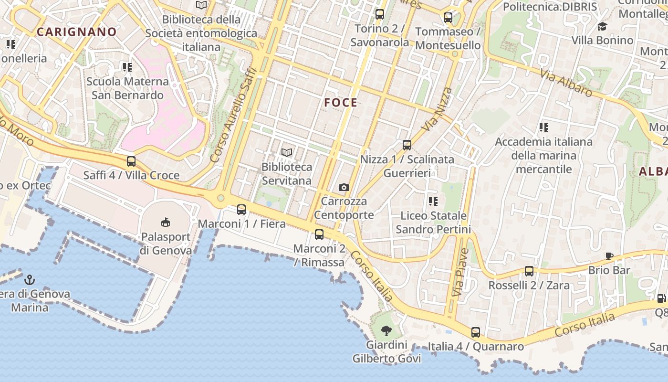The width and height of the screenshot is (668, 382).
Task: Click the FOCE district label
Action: [x=341, y=103]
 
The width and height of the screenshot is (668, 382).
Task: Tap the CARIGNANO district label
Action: [x=77, y=32]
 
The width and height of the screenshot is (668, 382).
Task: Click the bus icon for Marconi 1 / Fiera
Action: [x=241, y=209]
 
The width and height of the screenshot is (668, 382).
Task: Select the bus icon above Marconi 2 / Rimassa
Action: [x=319, y=234]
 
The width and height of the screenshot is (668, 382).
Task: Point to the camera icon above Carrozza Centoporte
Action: [x=344, y=187]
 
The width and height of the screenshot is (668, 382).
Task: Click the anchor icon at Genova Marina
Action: [x=30, y=279]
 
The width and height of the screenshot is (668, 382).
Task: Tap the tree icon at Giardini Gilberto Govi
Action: [x=386, y=330]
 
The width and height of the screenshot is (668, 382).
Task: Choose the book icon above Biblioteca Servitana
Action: [x=286, y=153]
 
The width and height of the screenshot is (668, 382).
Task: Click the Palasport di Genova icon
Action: [x=166, y=222]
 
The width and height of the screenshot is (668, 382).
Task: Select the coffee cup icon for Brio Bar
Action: [x=609, y=256]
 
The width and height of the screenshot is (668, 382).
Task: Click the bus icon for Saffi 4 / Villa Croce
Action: [x=131, y=161]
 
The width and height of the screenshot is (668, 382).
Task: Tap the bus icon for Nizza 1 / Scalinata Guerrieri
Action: [x=407, y=145]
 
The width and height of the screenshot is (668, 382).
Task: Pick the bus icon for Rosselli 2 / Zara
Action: [x=529, y=271]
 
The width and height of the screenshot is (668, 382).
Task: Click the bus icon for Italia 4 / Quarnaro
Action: [x=476, y=332]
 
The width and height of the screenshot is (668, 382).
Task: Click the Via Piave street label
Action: [x=459, y=272]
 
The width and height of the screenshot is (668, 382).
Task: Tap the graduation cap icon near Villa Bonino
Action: [x=602, y=26]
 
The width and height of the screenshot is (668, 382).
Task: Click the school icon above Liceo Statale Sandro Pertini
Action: [x=433, y=202]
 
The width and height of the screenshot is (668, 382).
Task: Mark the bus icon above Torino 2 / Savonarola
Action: [x=380, y=14]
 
